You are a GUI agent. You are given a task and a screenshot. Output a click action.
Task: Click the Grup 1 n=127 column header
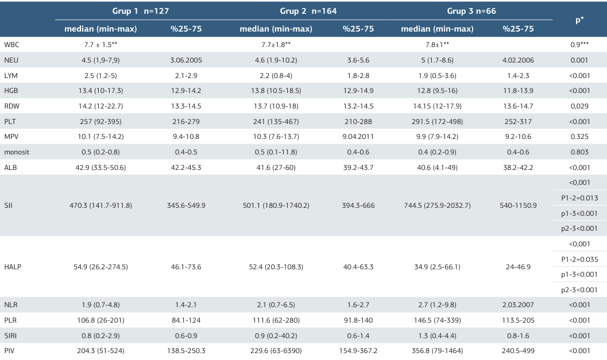click(x=140, y=11)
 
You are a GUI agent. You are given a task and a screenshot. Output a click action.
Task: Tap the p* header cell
click(x=579, y=20)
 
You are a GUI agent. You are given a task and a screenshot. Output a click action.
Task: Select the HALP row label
click(x=13, y=267)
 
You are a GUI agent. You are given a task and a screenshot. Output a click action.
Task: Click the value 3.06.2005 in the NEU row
click(x=187, y=60)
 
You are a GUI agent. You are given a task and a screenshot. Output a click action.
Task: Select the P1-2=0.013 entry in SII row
click(x=579, y=198)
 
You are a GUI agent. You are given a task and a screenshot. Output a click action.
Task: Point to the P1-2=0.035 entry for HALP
click(x=579, y=260)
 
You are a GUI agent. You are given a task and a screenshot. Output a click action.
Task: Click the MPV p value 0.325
click(x=579, y=137)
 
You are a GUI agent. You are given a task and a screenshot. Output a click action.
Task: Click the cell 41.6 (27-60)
click(x=276, y=167)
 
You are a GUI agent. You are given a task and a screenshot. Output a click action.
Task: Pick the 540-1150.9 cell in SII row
click(x=517, y=206)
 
